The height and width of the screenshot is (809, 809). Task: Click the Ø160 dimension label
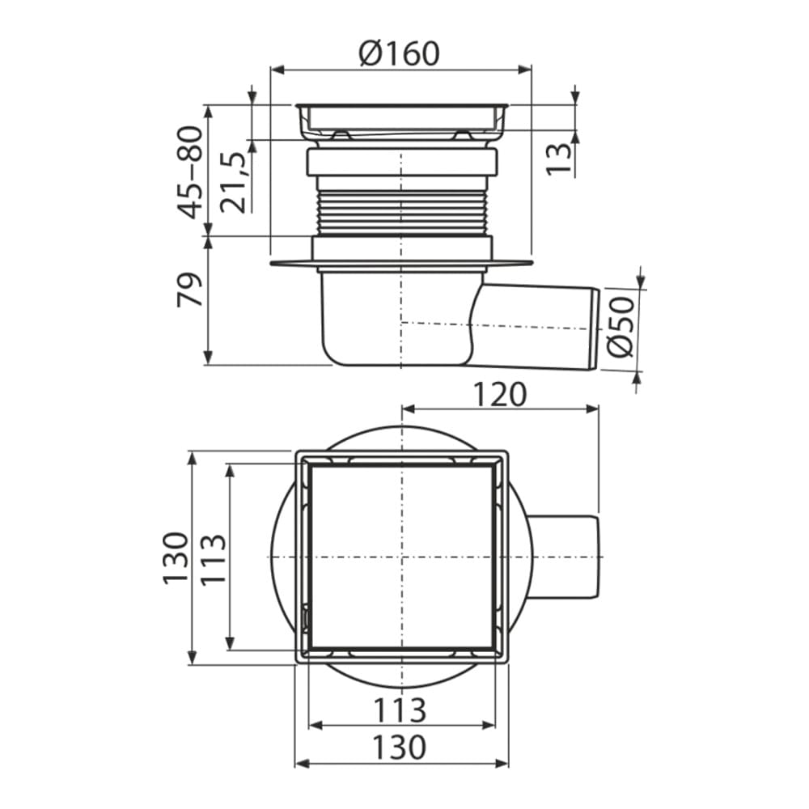pos(400,53)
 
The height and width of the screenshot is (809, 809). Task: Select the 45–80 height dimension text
pos(188,172)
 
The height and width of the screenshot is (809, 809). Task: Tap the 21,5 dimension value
pos(233,183)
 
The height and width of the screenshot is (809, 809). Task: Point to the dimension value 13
pos(559,159)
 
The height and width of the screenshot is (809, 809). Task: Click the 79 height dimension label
pos(188,290)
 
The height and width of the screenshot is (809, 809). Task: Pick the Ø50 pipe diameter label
pos(620,327)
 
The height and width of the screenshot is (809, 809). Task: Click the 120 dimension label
pos(500,395)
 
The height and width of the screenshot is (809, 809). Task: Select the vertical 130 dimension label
pos(175,557)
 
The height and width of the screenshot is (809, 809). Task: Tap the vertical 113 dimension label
pos(213,559)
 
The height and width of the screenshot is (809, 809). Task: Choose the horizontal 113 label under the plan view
pos(400,710)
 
